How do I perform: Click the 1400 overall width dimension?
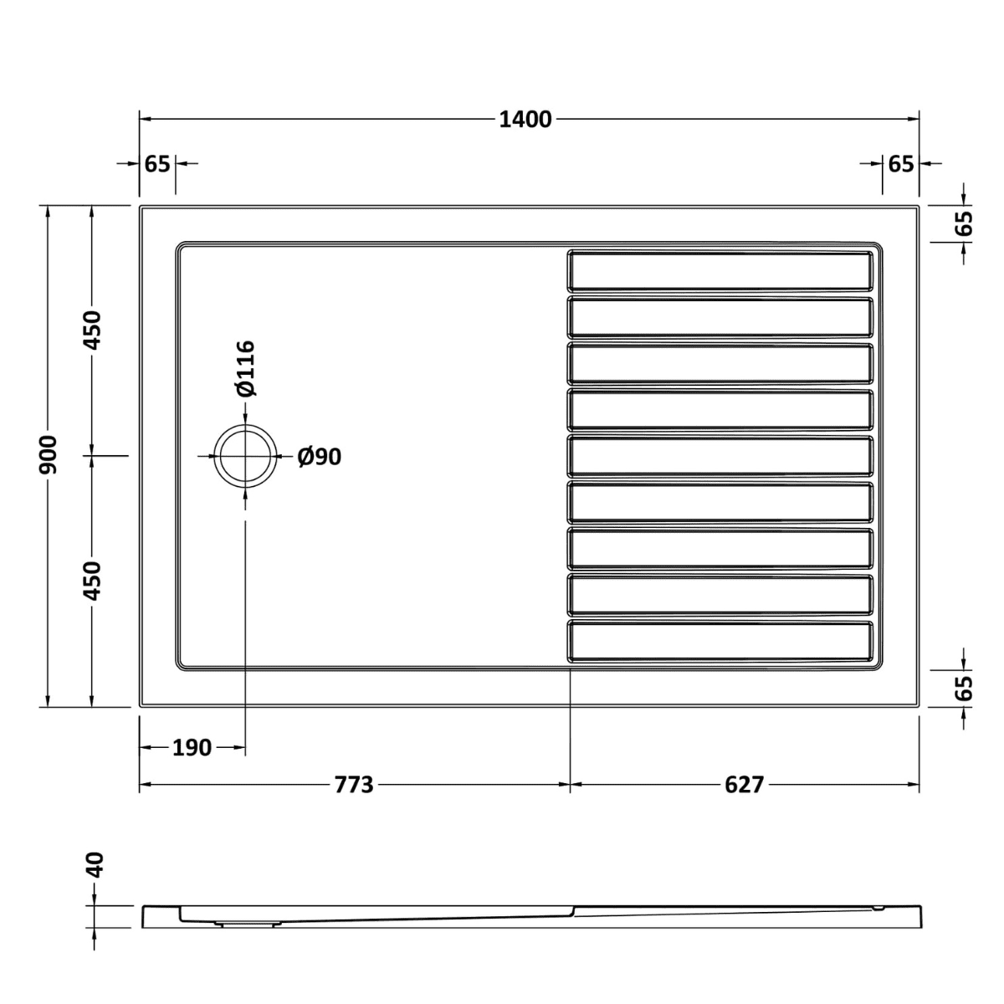click(525, 120)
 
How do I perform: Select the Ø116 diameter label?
click(243, 368)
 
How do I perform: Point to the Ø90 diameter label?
click(320, 457)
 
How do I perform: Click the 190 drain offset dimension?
click(192, 747)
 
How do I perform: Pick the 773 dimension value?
click(353, 785)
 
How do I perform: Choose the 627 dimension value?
click(744, 785)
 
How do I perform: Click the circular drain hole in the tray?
click(244, 456)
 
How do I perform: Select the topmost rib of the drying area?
click(720, 270)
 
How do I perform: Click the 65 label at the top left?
click(157, 164)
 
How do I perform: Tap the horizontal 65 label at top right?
click(900, 164)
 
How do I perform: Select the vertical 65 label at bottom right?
click(964, 687)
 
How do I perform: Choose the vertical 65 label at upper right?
click(964, 223)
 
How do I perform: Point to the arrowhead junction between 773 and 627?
click(570, 785)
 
